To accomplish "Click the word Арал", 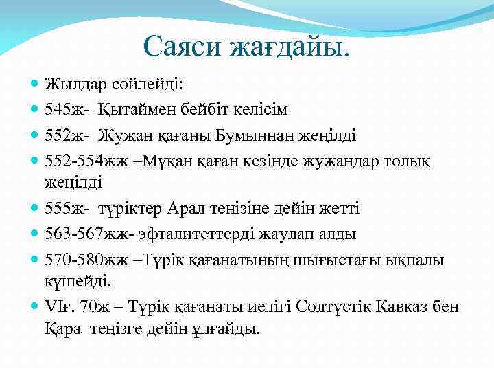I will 187,208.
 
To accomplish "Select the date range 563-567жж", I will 86,234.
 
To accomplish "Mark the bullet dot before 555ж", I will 35,209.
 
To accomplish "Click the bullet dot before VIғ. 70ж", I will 35,306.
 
